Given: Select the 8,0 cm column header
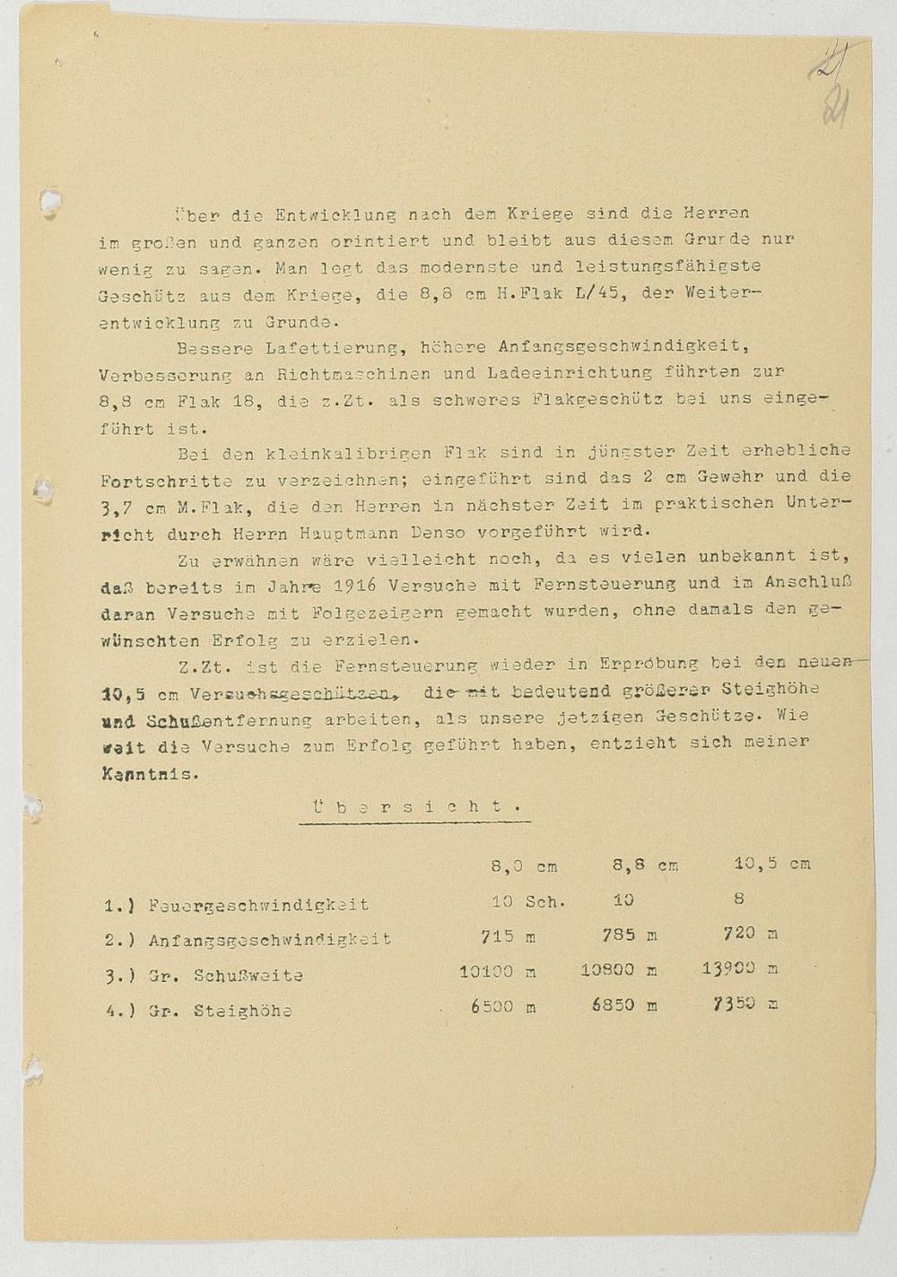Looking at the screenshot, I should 524,866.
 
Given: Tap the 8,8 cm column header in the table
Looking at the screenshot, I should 645,865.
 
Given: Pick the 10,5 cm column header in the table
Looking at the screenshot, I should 771,864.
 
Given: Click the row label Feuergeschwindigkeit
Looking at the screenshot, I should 258,905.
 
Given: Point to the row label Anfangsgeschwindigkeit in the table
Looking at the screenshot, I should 270,940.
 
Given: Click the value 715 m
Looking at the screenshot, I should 508,936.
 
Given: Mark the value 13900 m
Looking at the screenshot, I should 740,969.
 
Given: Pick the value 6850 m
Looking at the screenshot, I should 624,1005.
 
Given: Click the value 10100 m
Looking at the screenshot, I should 498,970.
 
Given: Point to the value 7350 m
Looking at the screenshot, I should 745,1003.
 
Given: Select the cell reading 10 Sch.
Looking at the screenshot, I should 528,901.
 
